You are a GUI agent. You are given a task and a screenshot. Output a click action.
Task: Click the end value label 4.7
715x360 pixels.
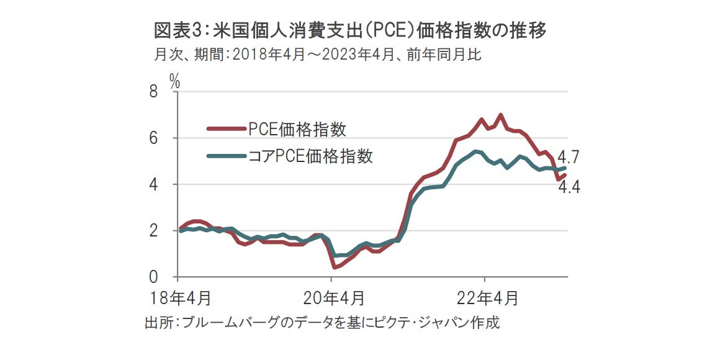tap(568, 156)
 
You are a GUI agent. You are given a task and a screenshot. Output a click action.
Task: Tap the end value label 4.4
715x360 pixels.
tap(569, 186)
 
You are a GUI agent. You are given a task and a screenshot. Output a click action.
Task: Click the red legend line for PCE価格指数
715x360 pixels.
tap(227, 129)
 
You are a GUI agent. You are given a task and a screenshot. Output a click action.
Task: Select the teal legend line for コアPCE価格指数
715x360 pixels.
tap(227, 156)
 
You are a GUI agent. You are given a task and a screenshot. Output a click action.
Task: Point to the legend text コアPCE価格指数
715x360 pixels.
tap(310, 156)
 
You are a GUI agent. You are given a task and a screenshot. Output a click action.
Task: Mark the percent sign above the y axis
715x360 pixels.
tap(174, 81)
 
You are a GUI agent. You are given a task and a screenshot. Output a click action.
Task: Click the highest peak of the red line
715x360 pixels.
tap(500, 115)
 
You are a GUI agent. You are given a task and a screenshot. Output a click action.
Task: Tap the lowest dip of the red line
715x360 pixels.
tap(335, 267)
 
